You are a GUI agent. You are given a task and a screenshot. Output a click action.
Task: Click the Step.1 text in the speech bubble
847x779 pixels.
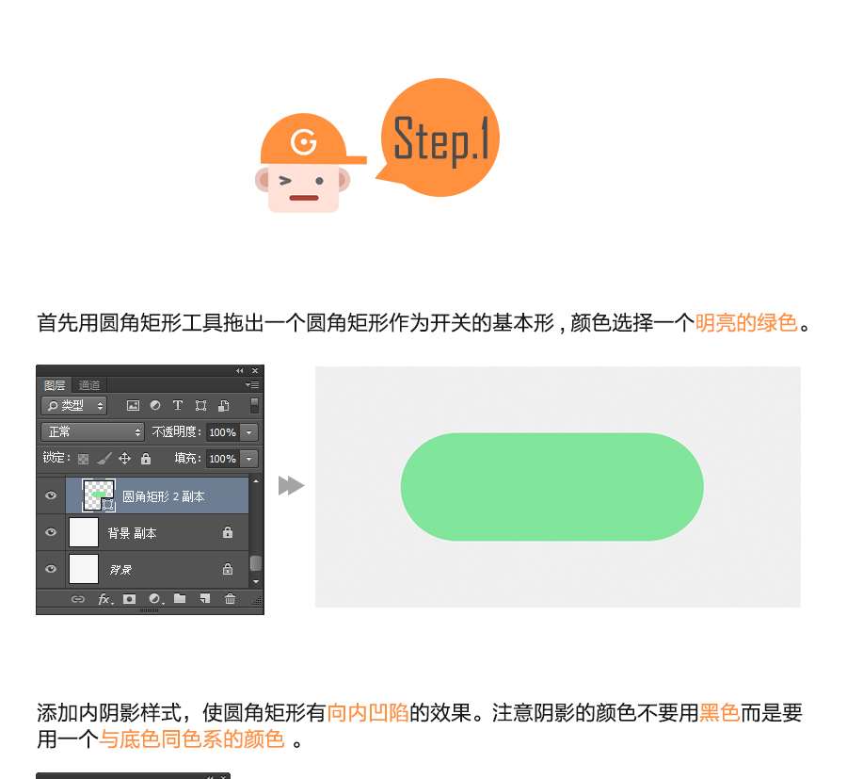pos(441,139)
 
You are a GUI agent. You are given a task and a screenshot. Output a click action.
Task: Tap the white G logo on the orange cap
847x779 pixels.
pos(304,142)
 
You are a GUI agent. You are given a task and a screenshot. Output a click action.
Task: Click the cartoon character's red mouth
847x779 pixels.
pos(304,198)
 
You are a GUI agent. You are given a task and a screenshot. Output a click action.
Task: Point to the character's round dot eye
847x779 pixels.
pos(319,181)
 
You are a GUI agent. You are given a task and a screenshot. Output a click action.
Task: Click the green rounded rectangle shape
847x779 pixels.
pos(552,487)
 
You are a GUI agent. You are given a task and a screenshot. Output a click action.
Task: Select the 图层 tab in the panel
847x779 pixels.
pos(55,385)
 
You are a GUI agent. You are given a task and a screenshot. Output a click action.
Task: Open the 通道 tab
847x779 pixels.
pos(89,385)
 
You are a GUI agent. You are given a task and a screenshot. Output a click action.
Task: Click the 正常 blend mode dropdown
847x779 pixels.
pos(93,432)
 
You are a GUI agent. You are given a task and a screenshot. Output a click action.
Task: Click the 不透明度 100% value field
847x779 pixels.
pos(222,432)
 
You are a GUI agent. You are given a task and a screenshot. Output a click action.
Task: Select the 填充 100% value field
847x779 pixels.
pos(222,459)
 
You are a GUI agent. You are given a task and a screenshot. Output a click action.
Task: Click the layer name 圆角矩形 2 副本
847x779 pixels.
pos(163,496)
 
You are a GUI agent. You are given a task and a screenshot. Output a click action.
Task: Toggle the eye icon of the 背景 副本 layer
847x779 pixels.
pos(51,532)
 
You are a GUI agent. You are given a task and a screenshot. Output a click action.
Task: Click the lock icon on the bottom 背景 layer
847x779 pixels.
pos(228,569)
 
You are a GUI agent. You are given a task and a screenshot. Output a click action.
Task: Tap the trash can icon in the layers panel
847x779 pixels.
pos(231,598)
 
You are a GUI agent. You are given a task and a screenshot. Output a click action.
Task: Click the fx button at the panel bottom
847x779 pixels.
pos(104,598)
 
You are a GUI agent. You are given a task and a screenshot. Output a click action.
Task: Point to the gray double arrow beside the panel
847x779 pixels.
pos(291,485)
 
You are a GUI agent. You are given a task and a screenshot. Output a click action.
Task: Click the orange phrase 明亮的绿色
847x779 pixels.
pos(746,323)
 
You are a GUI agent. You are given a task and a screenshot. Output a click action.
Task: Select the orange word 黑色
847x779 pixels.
pos(720,712)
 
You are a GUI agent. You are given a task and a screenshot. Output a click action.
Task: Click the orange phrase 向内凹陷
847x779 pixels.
pos(368,712)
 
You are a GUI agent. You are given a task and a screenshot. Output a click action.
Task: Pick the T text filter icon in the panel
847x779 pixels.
pos(177,405)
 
